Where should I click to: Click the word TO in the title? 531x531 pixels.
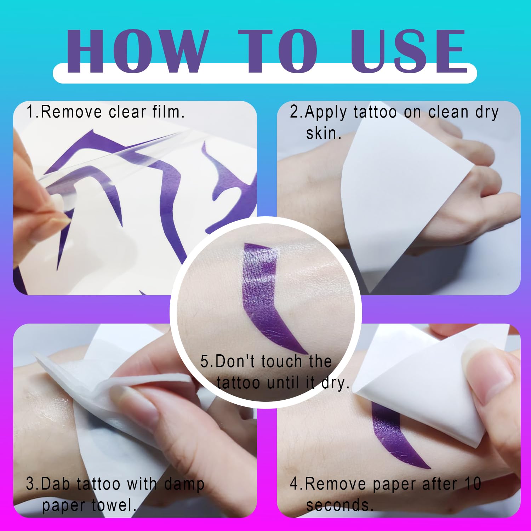pyautogui.click(x=278, y=51)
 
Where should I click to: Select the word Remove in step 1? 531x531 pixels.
pyautogui.click(x=71, y=112)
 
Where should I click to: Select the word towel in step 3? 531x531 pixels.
pyautogui.click(x=114, y=505)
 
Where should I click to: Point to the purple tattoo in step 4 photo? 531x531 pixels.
pyautogui.click(x=396, y=437)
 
